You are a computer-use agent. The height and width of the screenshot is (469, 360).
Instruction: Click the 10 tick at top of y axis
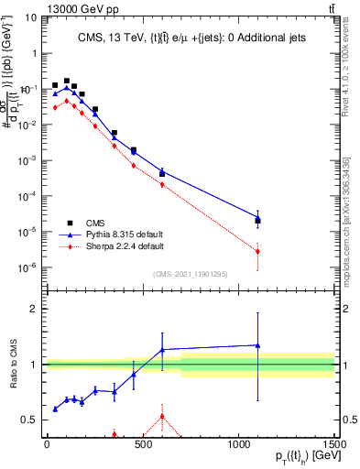[x=31, y=17]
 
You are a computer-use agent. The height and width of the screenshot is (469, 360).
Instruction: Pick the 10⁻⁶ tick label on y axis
[x=29, y=267]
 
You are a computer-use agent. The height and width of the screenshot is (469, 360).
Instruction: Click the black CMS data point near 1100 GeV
[x=258, y=221]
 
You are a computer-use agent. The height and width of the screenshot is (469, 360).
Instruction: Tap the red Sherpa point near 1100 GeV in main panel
[x=258, y=251]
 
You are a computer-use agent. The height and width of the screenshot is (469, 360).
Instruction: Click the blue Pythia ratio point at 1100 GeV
[x=258, y=345]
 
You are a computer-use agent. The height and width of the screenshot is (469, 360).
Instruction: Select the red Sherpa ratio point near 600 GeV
[x=162, y=416]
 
